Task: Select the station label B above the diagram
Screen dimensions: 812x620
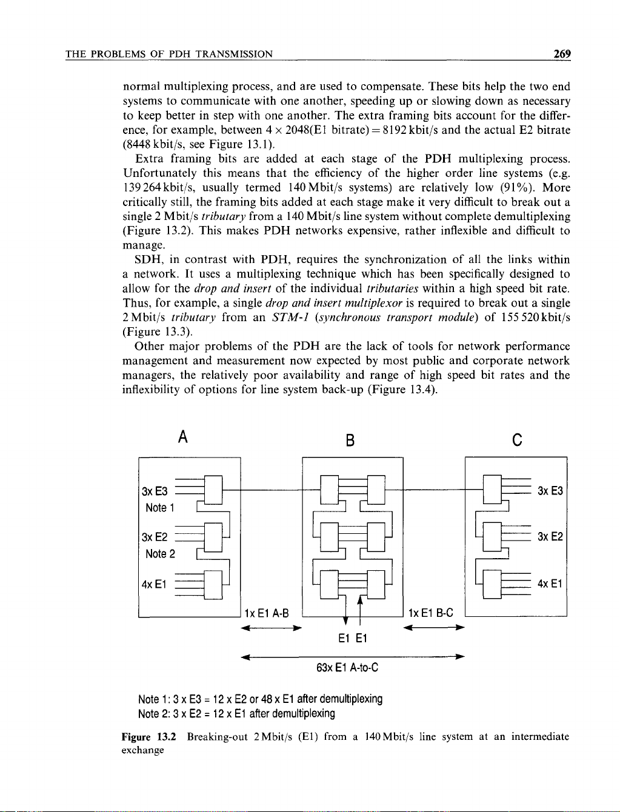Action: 350,440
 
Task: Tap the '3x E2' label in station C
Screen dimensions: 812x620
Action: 550,537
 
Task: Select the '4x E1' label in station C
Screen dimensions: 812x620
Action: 550,584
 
